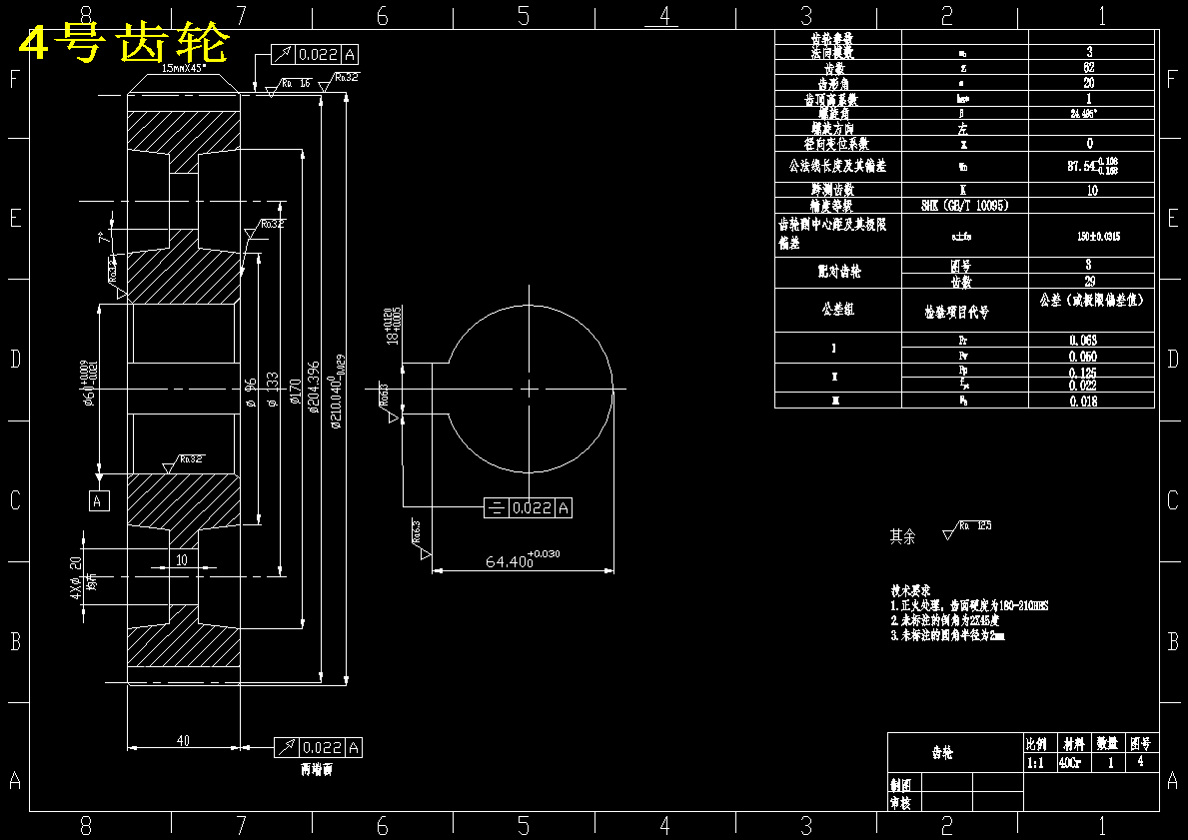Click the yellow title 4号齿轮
click(126, 43)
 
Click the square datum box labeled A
click(98, 500)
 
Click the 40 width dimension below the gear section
click(183, 740)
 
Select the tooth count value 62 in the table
click(1090, 68)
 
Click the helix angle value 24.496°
click(1090, 113)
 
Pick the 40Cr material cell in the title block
click(1068, 762)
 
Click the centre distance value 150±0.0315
click(1091, 237)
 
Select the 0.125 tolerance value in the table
click(1083, 373)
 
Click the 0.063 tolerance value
click(1083, 340)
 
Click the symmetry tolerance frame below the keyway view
click(528, 507)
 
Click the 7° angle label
click(101, 240)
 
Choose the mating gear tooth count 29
click(1090, 282)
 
